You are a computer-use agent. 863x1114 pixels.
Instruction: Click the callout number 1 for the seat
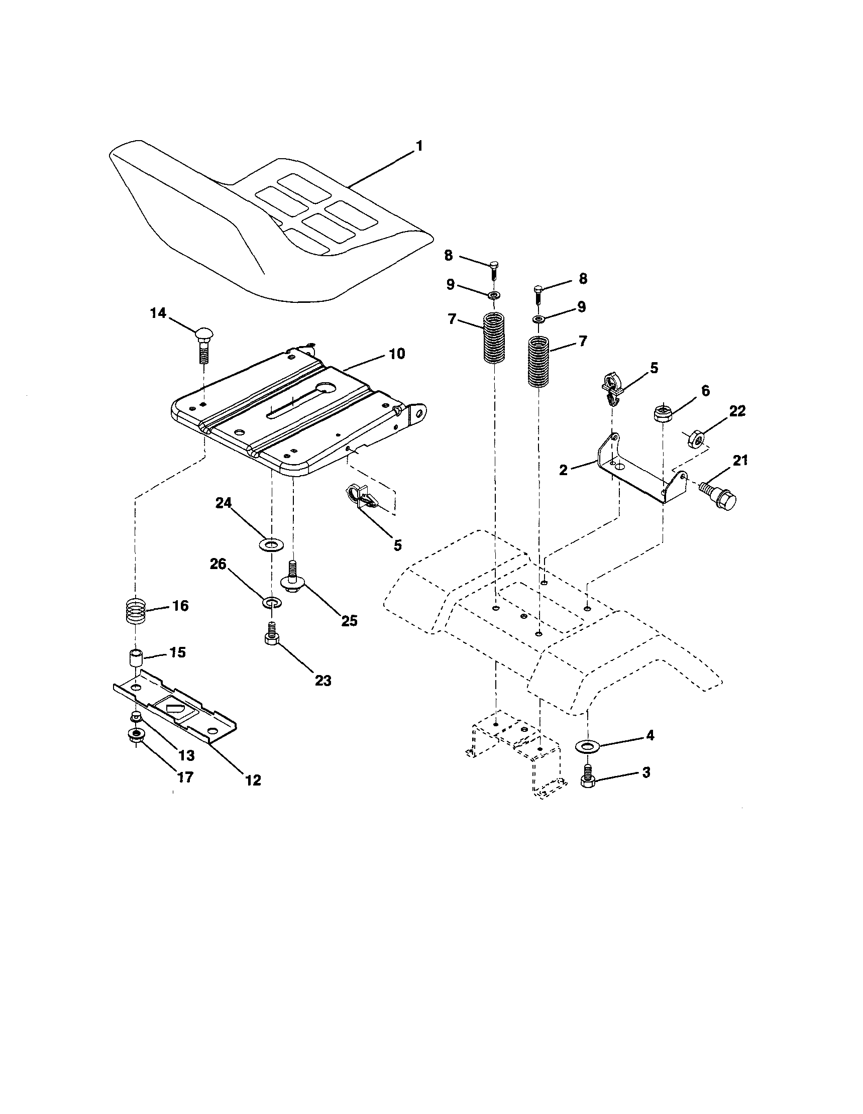(419, 146)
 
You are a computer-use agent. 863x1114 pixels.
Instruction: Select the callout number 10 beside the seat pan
(397, 354)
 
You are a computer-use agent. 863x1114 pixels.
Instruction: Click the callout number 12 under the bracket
(253, 780)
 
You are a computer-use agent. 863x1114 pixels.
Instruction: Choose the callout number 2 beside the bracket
(563, 470)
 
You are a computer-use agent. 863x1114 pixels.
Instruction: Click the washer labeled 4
(588, 747)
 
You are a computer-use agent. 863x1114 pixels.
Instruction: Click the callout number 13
(186, 755)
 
